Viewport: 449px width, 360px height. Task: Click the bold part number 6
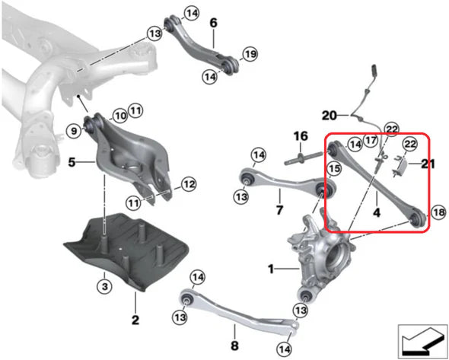click(x=214, y=23)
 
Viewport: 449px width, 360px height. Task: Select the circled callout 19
click(x=250, y=54)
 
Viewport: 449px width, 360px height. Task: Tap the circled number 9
click(x=74, y=132)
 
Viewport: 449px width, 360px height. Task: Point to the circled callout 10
click(x=120, y=116)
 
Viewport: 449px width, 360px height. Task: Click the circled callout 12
click(x=189, y=184)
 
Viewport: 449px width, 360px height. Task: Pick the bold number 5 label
click(x=72, y=162)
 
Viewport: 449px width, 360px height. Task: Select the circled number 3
click(x=104, y=286)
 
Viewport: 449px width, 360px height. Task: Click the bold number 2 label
click(x=135, y=320)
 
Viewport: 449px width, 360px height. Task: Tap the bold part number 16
click(x=301, y=136)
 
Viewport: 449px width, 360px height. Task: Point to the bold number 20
click(x=330, y=116)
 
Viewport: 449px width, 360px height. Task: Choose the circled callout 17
click(x=371, y=141)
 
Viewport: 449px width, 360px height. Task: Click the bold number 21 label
click(x=428, y=164)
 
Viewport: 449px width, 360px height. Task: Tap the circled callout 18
click(x=439, y=212)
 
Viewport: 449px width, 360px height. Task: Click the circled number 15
click(x=334, y=169)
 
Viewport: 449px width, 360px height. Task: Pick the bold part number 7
click(x=279, y=210)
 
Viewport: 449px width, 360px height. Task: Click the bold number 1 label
click(x=271, y=269)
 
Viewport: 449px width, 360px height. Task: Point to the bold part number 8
click(x=234, y=346)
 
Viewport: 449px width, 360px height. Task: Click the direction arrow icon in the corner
click(x=422, y=342)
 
